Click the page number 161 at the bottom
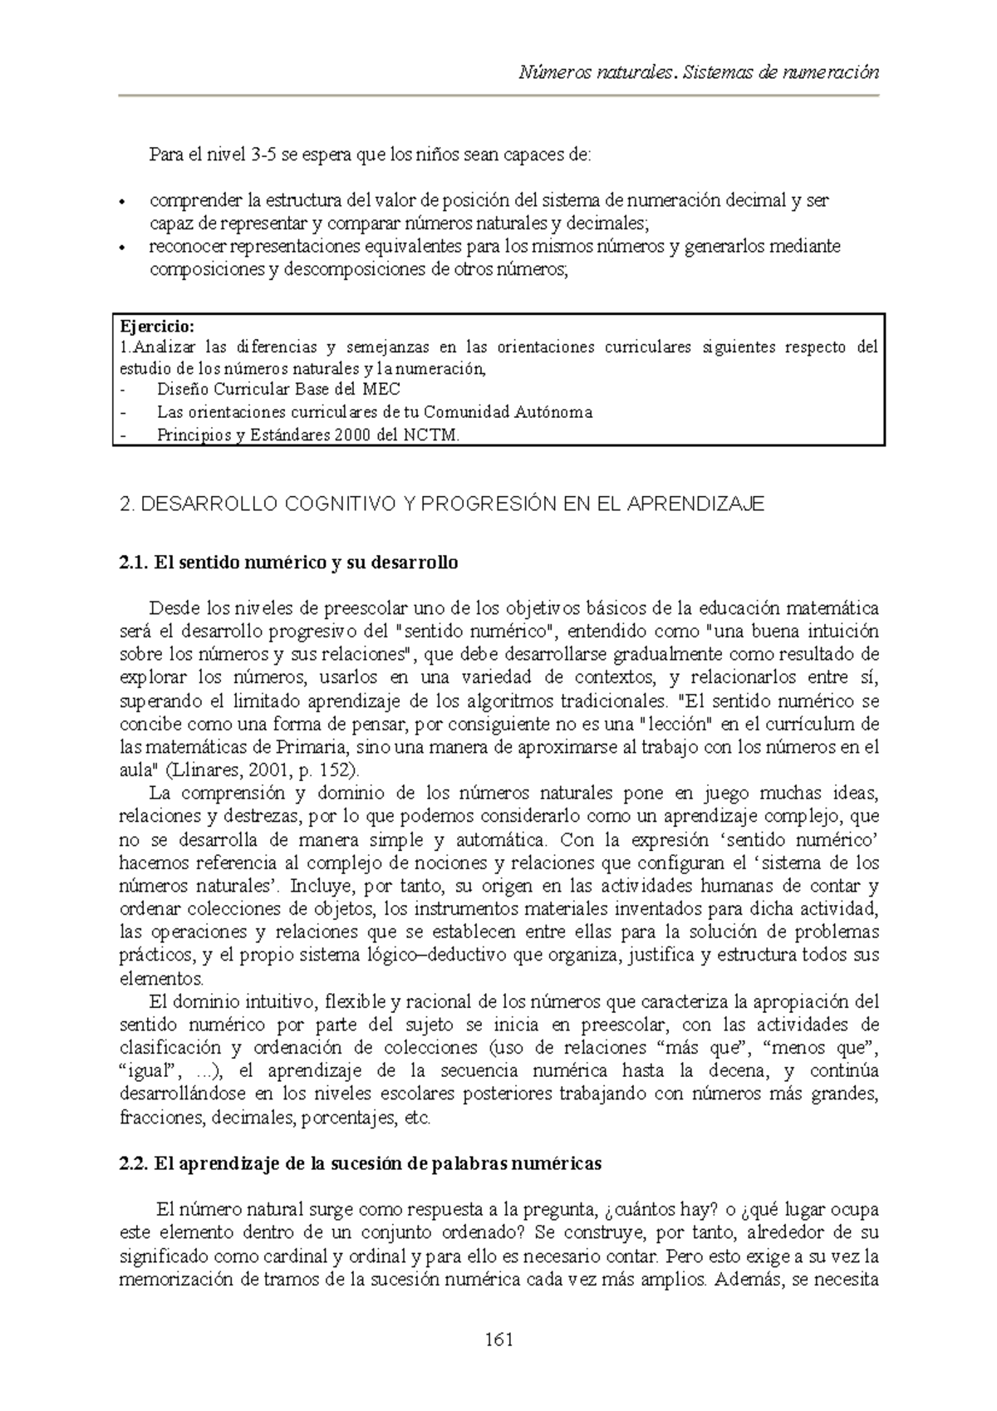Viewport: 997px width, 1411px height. pos(498,1340)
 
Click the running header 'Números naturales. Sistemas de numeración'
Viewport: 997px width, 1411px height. pos(698,72)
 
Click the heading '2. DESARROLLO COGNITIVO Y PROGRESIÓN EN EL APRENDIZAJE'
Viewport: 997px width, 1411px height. pos(442,504)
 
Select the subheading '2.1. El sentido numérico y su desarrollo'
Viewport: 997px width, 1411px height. pos(289,563)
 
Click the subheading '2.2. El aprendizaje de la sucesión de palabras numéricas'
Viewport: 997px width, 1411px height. pos(361,1163)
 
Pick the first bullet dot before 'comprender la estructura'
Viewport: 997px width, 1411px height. pos(123,202)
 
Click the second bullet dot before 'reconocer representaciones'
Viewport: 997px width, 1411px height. pos(123,248)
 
